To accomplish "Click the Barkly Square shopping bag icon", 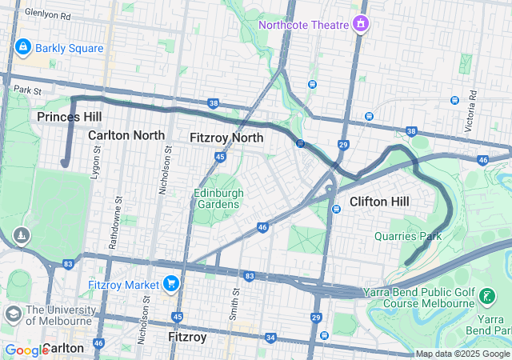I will [22, 48].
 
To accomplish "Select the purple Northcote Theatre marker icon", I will [362, 23].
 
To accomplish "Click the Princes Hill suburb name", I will [69, 117].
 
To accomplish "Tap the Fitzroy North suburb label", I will [226, 138].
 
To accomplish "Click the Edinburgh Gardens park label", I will [216, 198].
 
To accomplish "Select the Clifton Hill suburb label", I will [380, 202].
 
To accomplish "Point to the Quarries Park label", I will [408, 237].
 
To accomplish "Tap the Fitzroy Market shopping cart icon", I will [170, 283].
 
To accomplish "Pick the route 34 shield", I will [270, 338].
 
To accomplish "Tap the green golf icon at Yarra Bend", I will [486, 298].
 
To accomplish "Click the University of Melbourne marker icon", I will [14, 313].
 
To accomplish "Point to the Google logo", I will [26, 350].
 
